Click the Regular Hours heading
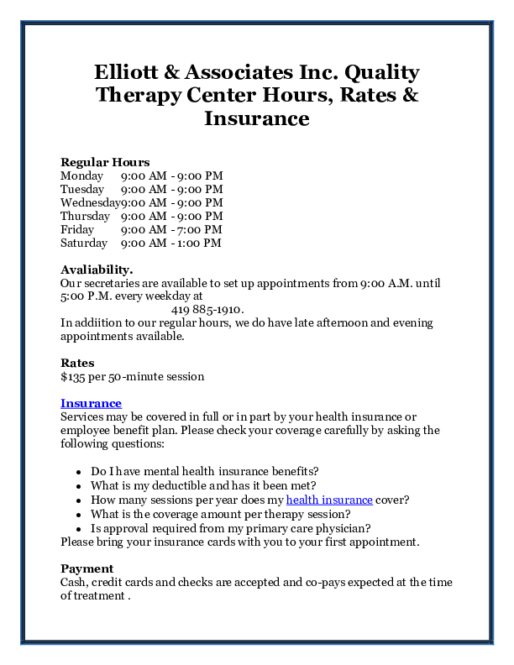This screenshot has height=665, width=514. [x=105, y=162]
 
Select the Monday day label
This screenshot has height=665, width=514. [x=81, y=175]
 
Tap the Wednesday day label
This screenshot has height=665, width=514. [x=90, y=202]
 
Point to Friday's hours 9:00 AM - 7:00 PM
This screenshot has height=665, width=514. [x=171, y=229]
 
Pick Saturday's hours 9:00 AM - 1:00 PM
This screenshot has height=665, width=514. [x=170, y=243]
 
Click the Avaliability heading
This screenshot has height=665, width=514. [x=97, y=270]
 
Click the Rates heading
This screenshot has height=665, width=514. [x=77, y=363]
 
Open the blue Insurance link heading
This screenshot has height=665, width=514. [x=91, y=403]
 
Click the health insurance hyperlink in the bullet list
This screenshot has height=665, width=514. [x=328, y=500]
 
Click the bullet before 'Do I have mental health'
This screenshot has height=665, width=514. [x=77, y=472]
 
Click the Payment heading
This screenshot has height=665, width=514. [x=87, y=568]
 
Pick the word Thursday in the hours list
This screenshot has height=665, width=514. [x=85, y=216]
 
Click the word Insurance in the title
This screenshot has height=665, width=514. [x=256, y=118]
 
